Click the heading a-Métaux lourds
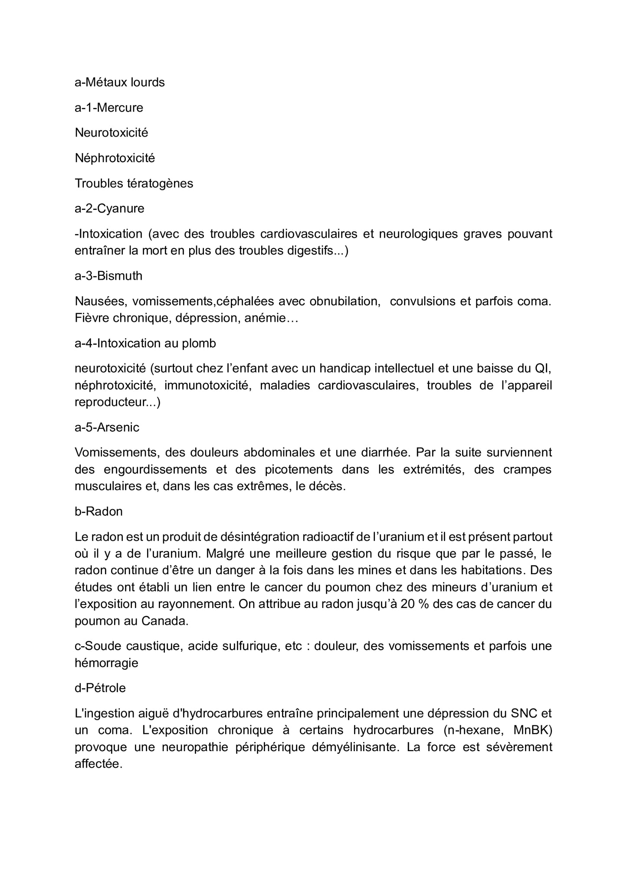click(x=120, y=82)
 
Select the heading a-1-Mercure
click(x=109, y=108)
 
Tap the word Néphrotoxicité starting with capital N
click(x=115, y=158)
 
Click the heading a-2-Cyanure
click(x=109, y=209)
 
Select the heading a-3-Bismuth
click(x=108, y=276)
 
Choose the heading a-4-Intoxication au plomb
click(x=145, y=343)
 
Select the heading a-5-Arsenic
click(x=107, y=428)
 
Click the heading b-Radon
click(x=98, y=512)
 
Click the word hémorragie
click(x=106, y=663)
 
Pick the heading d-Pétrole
click(x=100, y=688)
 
